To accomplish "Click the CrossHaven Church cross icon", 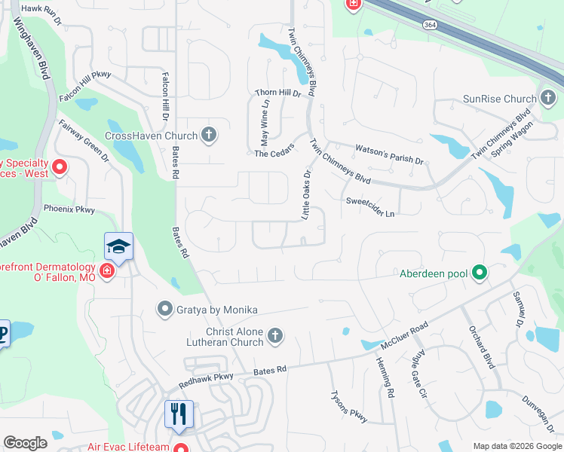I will pos(210,136).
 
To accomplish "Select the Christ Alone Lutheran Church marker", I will pos(275,335).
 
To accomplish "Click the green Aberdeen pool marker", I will pos(478,273).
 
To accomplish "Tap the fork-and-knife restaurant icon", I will pos(179,414).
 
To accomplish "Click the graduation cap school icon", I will pos(118,246).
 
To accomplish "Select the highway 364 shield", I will pos(429,25).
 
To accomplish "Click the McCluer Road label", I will pos(404,334).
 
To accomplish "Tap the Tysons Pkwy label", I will pos(348,407).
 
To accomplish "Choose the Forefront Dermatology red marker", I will pos(106,271).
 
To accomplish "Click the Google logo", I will pos(26,442).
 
